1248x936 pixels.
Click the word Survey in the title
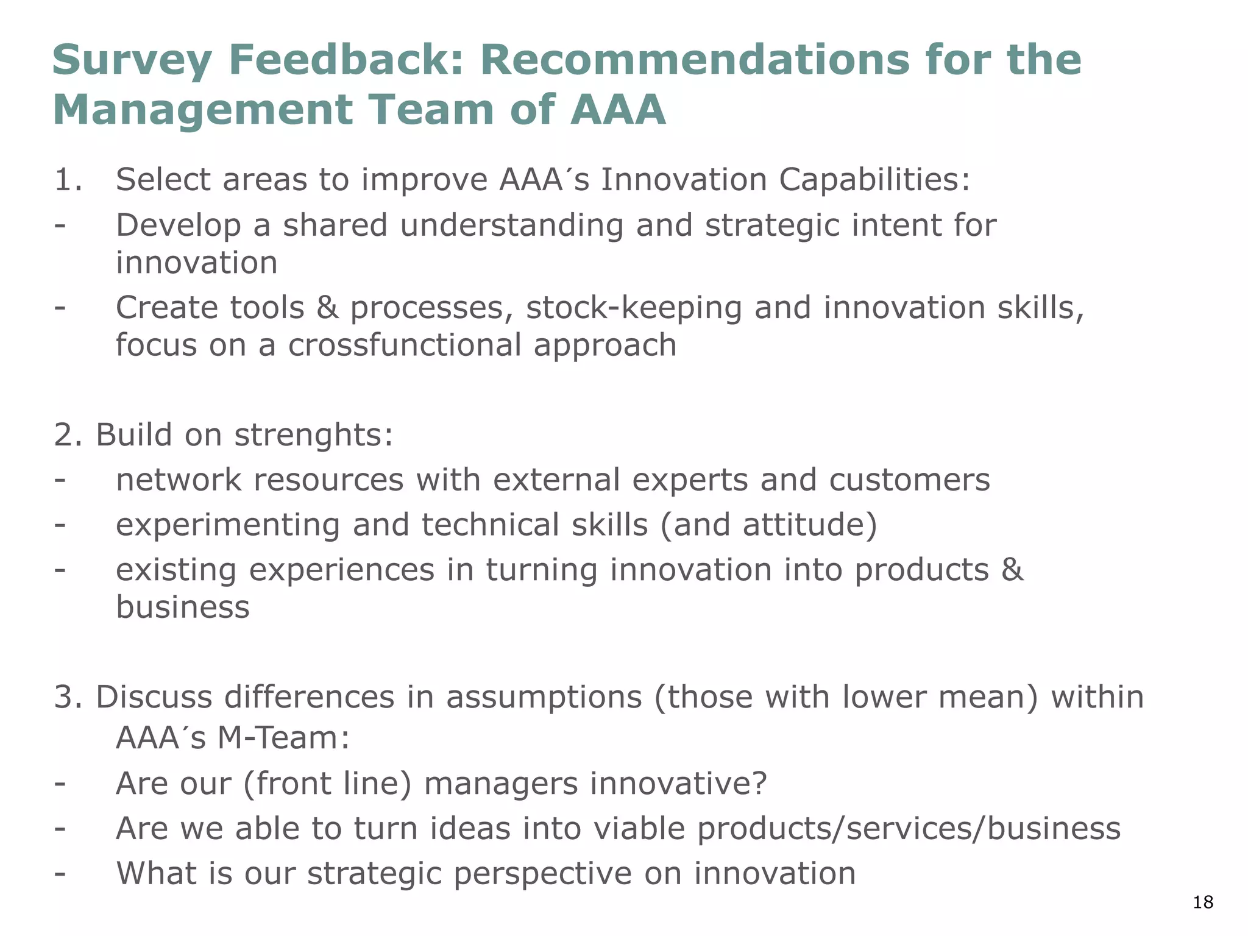[132, 61]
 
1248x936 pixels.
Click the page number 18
[1203, 902]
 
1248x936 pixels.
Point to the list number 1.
[67, 180]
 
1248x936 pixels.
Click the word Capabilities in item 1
[873, 180]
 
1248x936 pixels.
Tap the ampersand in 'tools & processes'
[327, 308]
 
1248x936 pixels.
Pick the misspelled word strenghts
[314, 436]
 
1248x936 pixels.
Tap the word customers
[909, 480]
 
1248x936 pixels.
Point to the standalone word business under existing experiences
[183, 608]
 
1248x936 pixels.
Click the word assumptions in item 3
[544, 698]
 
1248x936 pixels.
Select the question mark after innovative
[759, 784]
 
